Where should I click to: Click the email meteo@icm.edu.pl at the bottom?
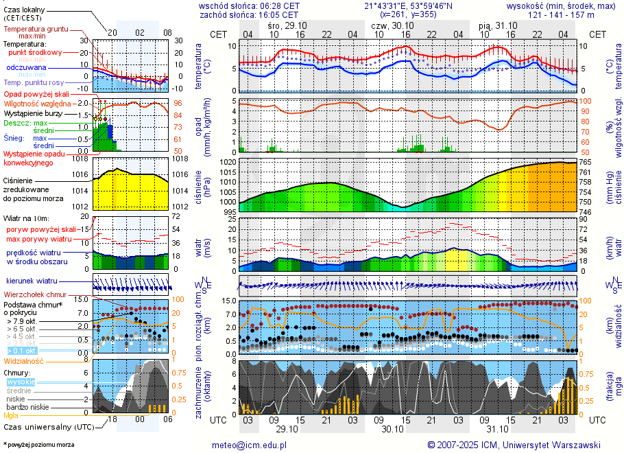click(249, 445)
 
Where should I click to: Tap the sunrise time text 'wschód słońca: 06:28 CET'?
click(249, 5)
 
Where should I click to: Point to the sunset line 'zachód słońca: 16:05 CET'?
click(249, 14)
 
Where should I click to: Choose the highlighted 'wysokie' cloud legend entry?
click(20, 382)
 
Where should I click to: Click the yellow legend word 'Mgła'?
click(11, 415)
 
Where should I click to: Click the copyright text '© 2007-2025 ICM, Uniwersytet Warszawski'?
click(514, 445)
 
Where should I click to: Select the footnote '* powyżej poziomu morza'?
click(38, 445)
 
